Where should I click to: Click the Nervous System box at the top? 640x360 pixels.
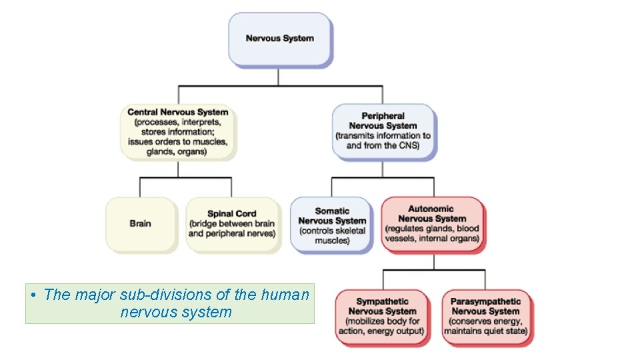point(279,39)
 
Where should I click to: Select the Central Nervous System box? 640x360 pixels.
point(178,131)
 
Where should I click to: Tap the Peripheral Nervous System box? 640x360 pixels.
point(383,131)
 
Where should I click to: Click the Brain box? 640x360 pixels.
point(141,224)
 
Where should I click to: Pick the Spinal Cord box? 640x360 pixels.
point(232,224)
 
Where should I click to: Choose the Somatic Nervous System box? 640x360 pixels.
point(332,225)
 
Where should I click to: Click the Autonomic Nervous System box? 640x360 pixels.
point(432,224)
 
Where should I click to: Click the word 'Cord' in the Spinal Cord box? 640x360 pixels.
point(245,214)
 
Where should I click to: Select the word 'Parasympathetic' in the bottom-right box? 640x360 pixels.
point(486,301)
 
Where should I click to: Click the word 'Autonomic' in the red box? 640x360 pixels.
point(432,209)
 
